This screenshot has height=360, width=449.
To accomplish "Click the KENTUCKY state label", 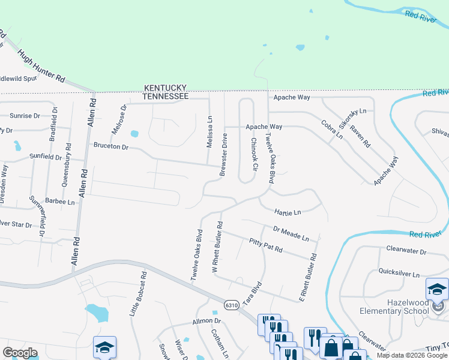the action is (165, 88).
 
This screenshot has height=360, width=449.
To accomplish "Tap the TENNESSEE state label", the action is (166, 96).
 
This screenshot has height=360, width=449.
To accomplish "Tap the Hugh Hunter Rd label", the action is (41, 66).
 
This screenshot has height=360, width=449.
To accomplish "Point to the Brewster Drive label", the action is (223, 154).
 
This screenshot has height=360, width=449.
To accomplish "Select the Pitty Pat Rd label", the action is (265, 245).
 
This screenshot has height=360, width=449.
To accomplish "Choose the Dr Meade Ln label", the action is (291, 233).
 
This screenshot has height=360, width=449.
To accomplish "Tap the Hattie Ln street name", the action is (287, 212).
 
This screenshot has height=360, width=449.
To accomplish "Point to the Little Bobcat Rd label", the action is (138, 295).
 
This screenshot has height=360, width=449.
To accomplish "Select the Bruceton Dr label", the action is (110, 146).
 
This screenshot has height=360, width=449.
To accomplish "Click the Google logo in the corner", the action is (20, 353).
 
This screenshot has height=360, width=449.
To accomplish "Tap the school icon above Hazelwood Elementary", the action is (437, 289).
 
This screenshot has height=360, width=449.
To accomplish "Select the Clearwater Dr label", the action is (406, 251).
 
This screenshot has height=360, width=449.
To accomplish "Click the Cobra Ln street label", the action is (331, 130).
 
